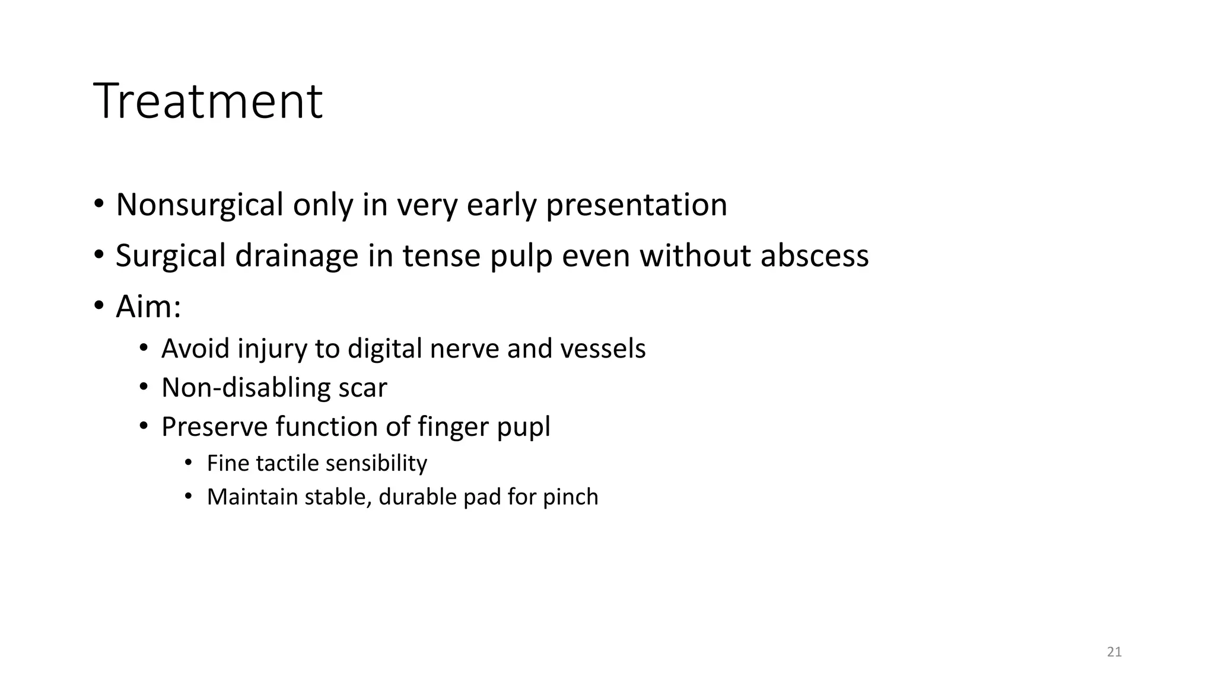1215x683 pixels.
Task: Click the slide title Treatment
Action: pos(208,101)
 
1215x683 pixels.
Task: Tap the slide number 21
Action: pos(1114,652)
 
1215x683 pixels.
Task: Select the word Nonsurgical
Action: pos(199,205)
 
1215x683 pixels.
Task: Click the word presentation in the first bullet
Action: pos(636,205)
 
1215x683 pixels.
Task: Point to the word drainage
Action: pos(297,256)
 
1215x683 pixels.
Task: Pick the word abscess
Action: pos(814,256)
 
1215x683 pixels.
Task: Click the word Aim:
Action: pos(148,307)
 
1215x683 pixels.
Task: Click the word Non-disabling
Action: pos(245,388)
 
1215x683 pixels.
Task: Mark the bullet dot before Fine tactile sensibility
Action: pos(189,462)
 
